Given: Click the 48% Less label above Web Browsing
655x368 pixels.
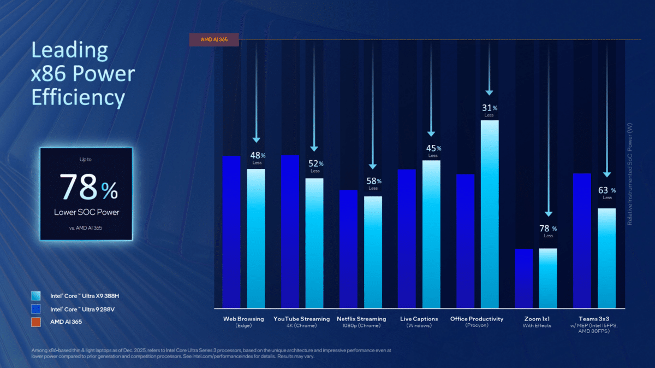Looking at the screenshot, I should point(257,157).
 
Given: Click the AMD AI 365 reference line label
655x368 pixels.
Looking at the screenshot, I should point(213,39).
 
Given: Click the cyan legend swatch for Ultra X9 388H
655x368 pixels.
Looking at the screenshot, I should point(37,296).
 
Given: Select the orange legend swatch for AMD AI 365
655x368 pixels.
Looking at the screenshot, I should point(37,322).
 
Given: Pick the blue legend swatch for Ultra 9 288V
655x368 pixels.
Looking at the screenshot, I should point(37,309).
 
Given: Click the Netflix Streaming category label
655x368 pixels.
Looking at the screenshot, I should point(361,319).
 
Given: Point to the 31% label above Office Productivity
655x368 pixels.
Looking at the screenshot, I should point(489,108).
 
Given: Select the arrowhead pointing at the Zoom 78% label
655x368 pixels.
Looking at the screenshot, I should point(548,215).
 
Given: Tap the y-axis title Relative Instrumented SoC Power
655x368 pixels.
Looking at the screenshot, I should point(630,173).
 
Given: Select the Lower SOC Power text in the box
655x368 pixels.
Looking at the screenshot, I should point(86,212).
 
